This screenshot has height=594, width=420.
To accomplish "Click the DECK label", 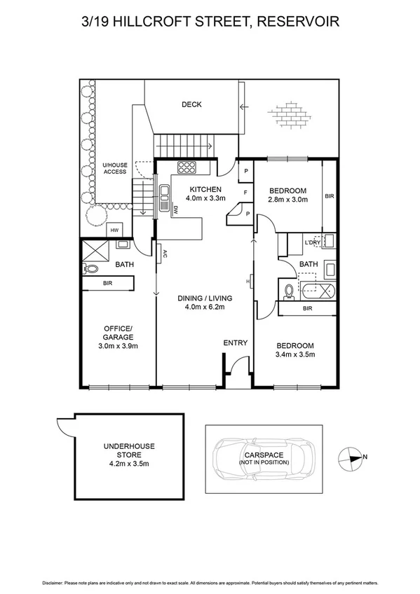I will tap(191, 105).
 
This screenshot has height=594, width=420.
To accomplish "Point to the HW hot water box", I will tap(113, 231).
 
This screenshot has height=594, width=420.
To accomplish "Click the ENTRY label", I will tap(235, 343).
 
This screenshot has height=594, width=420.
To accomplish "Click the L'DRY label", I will tap(313, 242).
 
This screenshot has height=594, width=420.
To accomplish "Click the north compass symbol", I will tap(348, 457).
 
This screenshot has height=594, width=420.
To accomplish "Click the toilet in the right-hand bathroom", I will tap(289, 290).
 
